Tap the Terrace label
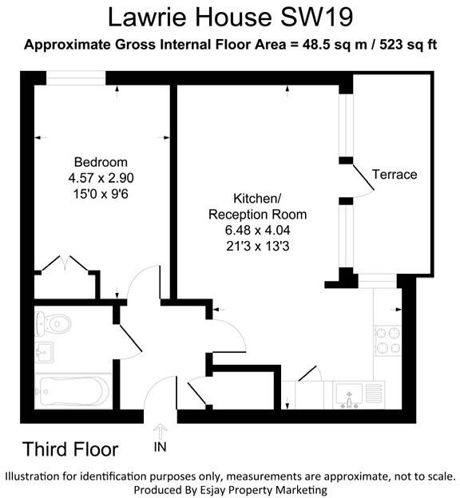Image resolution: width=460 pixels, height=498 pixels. [x=395, y=175]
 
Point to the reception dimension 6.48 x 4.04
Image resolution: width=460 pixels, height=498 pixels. [x=257, y=230]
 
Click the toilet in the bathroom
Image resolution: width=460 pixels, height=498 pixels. [x=56, y=324]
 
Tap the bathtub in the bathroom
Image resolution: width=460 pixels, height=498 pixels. [x=72, y=392]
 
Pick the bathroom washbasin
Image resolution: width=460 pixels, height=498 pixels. [x=44, y=352]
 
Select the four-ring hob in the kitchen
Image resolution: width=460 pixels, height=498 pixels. [x=387, y=340]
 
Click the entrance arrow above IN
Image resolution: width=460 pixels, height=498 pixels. [x=160, y=431]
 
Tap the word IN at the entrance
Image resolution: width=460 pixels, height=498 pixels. [x=160, y=449]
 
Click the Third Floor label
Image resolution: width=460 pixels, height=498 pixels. [x=70, y=449]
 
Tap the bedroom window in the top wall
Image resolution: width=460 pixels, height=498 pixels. [x=76, y=77]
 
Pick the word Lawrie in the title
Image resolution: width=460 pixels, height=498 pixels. [x=150, y=16]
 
